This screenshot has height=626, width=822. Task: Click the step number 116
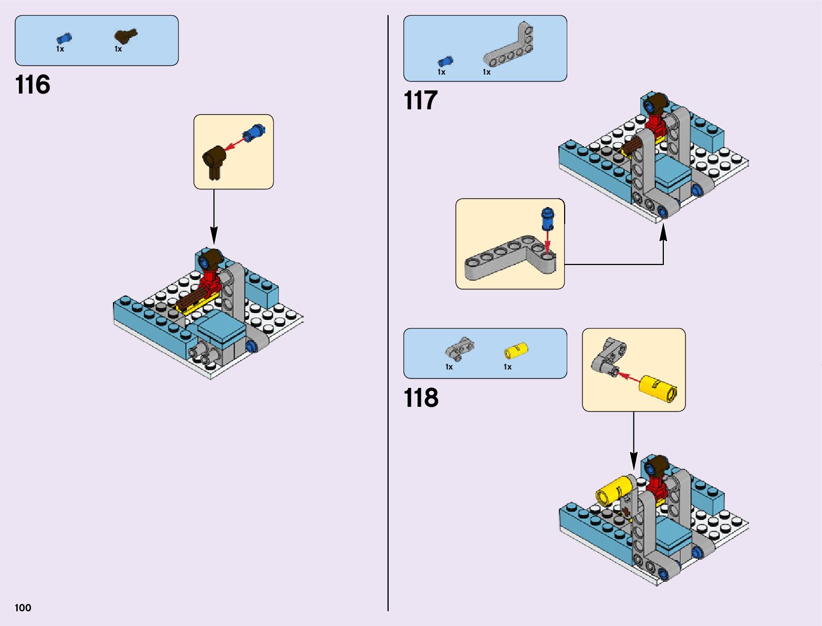33,85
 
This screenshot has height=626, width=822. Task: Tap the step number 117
420,100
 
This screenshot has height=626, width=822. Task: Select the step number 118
421,398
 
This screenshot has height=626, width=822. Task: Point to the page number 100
23,608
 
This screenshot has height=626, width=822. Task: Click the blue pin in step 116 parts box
64,38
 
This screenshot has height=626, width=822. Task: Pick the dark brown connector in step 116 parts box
126,36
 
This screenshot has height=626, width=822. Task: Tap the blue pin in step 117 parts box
445,61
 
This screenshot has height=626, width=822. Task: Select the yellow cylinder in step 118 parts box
516,350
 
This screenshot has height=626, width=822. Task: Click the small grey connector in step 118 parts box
460,348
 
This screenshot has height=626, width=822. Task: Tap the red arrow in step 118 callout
628,377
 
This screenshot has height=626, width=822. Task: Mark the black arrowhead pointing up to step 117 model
663,232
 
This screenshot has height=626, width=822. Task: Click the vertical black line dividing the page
388,315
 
